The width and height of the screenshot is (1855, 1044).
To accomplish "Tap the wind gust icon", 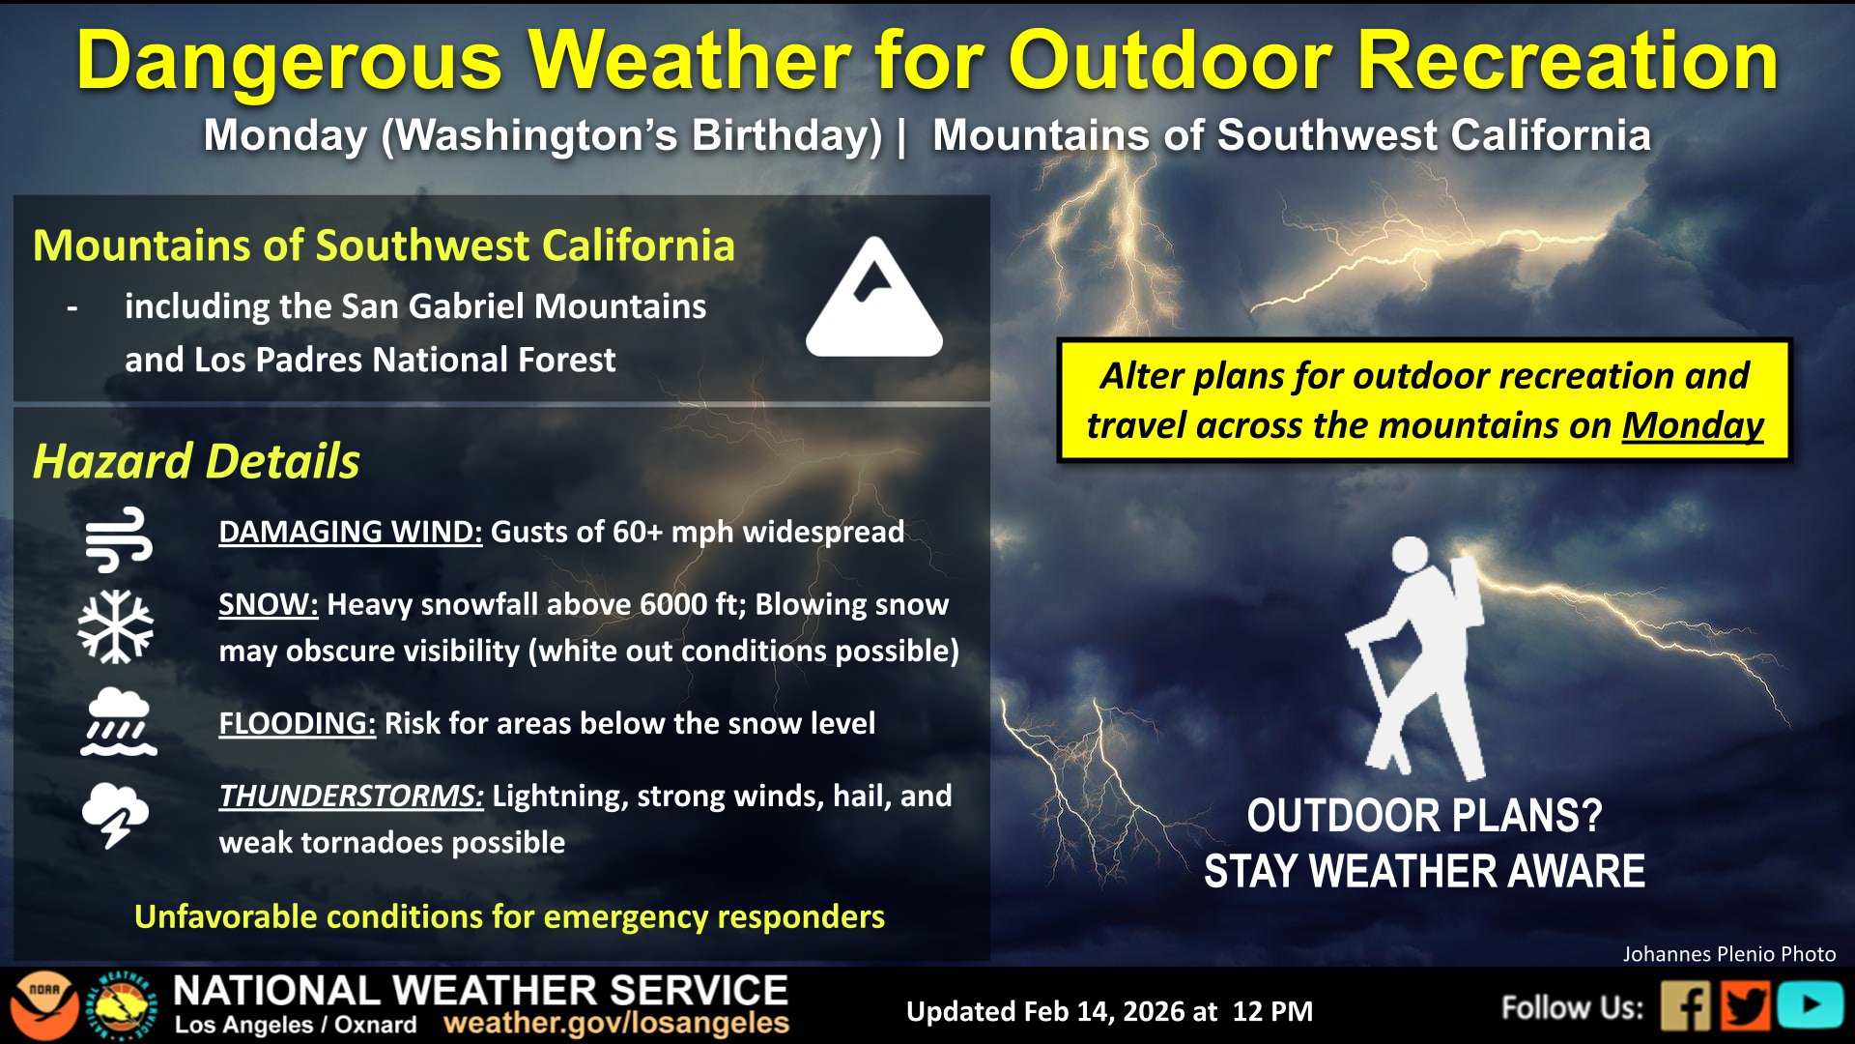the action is pyautogui.click(x=118, y=538).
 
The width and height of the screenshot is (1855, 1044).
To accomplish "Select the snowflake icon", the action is pyautogui.click(x=116, y=626).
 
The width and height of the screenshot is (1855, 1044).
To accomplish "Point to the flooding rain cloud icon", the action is pyautogui.click(x=118, y=721).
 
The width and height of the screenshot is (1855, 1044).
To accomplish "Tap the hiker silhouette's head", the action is pyautogui.click(x=1410, y=555).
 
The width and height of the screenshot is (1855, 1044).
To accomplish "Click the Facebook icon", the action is pyautogui.click(x=1686, y=1006).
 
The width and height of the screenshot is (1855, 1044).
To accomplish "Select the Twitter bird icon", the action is pyautogui.click(x=1746, y=1006).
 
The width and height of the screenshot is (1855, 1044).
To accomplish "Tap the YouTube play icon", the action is pyautogui.click(x=1810, y=1006).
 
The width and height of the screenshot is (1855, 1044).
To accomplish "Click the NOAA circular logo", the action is pyautogui.click(x=44, y=1006).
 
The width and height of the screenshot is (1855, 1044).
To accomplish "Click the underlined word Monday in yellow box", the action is pyautogui.click(x=1693, y=425).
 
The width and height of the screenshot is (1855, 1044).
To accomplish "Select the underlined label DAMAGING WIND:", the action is pyautogui.click(x=351, y=532).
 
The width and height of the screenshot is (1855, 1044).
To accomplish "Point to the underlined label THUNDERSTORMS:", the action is pyautogui.click(x=352, y=796).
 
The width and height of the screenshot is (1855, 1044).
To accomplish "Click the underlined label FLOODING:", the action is pyautogui.click(x=298, y=723).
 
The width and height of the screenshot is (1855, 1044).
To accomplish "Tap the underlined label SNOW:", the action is pyautogui.click(x=269, y=604).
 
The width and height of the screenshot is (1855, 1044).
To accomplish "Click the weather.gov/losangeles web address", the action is pyautogui.click(x=616, y=1023).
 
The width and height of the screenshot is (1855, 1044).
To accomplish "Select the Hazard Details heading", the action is pyautogui.click(x=196, y=461).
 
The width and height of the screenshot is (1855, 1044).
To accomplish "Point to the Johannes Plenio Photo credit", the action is pyautogui.click(x=1729, y=954).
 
